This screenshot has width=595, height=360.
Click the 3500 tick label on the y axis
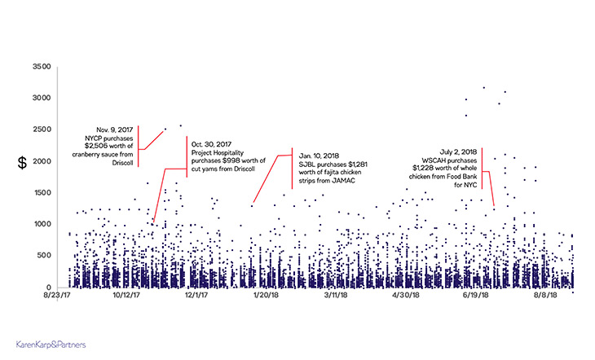(x=39, y=66)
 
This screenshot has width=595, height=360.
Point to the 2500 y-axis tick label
(x=39, y=130)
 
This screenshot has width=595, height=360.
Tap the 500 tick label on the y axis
(x=42, y=256)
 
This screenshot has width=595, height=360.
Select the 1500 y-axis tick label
(x=39, y=193)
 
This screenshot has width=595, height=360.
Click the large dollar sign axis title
(x=22, y=163)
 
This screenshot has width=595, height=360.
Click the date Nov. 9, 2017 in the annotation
(x=115, y=130)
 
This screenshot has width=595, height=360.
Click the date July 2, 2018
(x=443, y=152)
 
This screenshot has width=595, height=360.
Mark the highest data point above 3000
(x=484, y=87)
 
